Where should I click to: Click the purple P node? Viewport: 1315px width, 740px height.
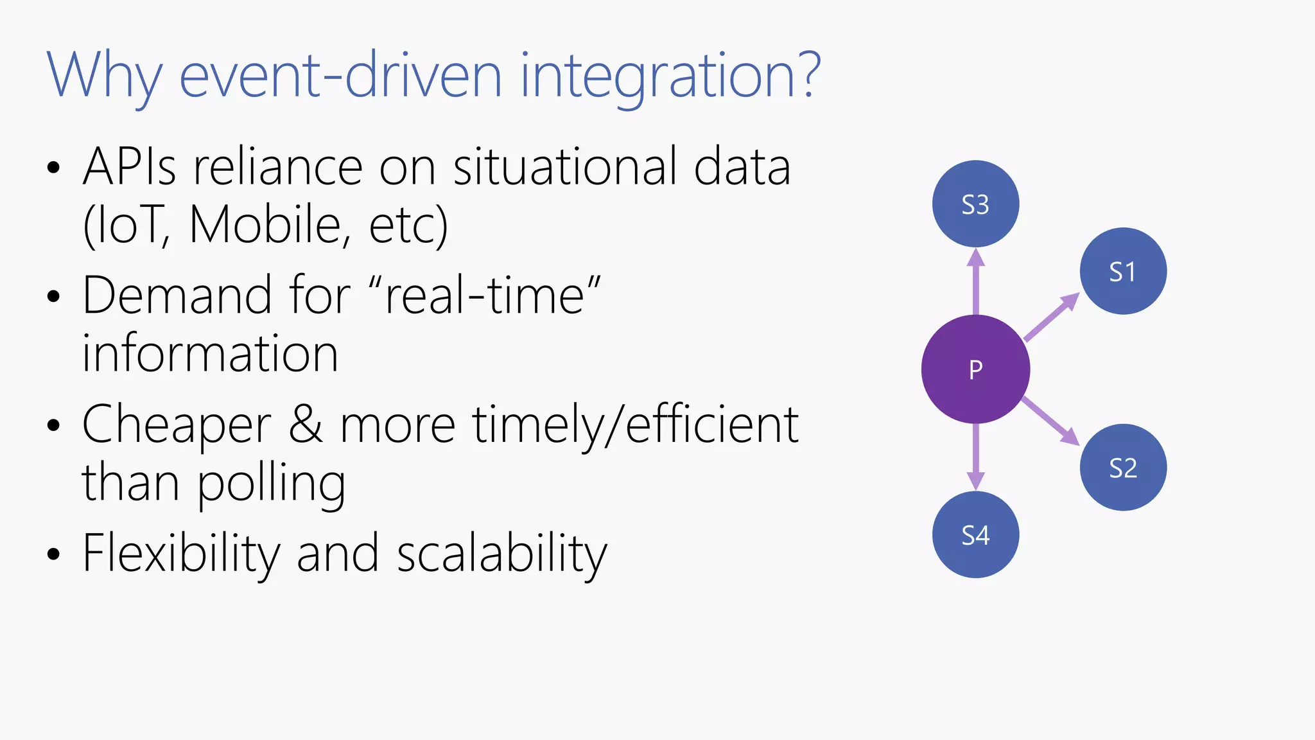pos(975,369)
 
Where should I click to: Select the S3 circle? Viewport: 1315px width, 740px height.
pos(975,204)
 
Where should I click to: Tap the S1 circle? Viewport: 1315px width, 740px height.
pos(1123,271)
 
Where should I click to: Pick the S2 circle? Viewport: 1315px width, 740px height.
pos(1123,467)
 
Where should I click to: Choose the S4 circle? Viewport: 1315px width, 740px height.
pos(975,534)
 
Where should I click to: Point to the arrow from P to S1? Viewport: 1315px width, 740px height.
pos(1052,317)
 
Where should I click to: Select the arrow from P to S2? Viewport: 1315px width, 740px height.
pos(1050,421)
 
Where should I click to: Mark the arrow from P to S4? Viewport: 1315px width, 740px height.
pos(976,457)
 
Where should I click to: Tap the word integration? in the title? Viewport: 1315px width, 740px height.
pos(670,76)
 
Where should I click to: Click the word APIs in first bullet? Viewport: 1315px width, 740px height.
pos(129,167)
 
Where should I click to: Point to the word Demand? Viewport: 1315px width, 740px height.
pos(177,295)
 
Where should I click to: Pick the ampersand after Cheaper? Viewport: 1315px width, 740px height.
pos(306,425)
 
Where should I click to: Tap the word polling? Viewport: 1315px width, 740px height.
pos(271,483)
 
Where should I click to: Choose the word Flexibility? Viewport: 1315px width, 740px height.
pos(182,553)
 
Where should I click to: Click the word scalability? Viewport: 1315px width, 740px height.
pos(501,553)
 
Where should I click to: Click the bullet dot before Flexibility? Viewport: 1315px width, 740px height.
pos(53,554)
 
